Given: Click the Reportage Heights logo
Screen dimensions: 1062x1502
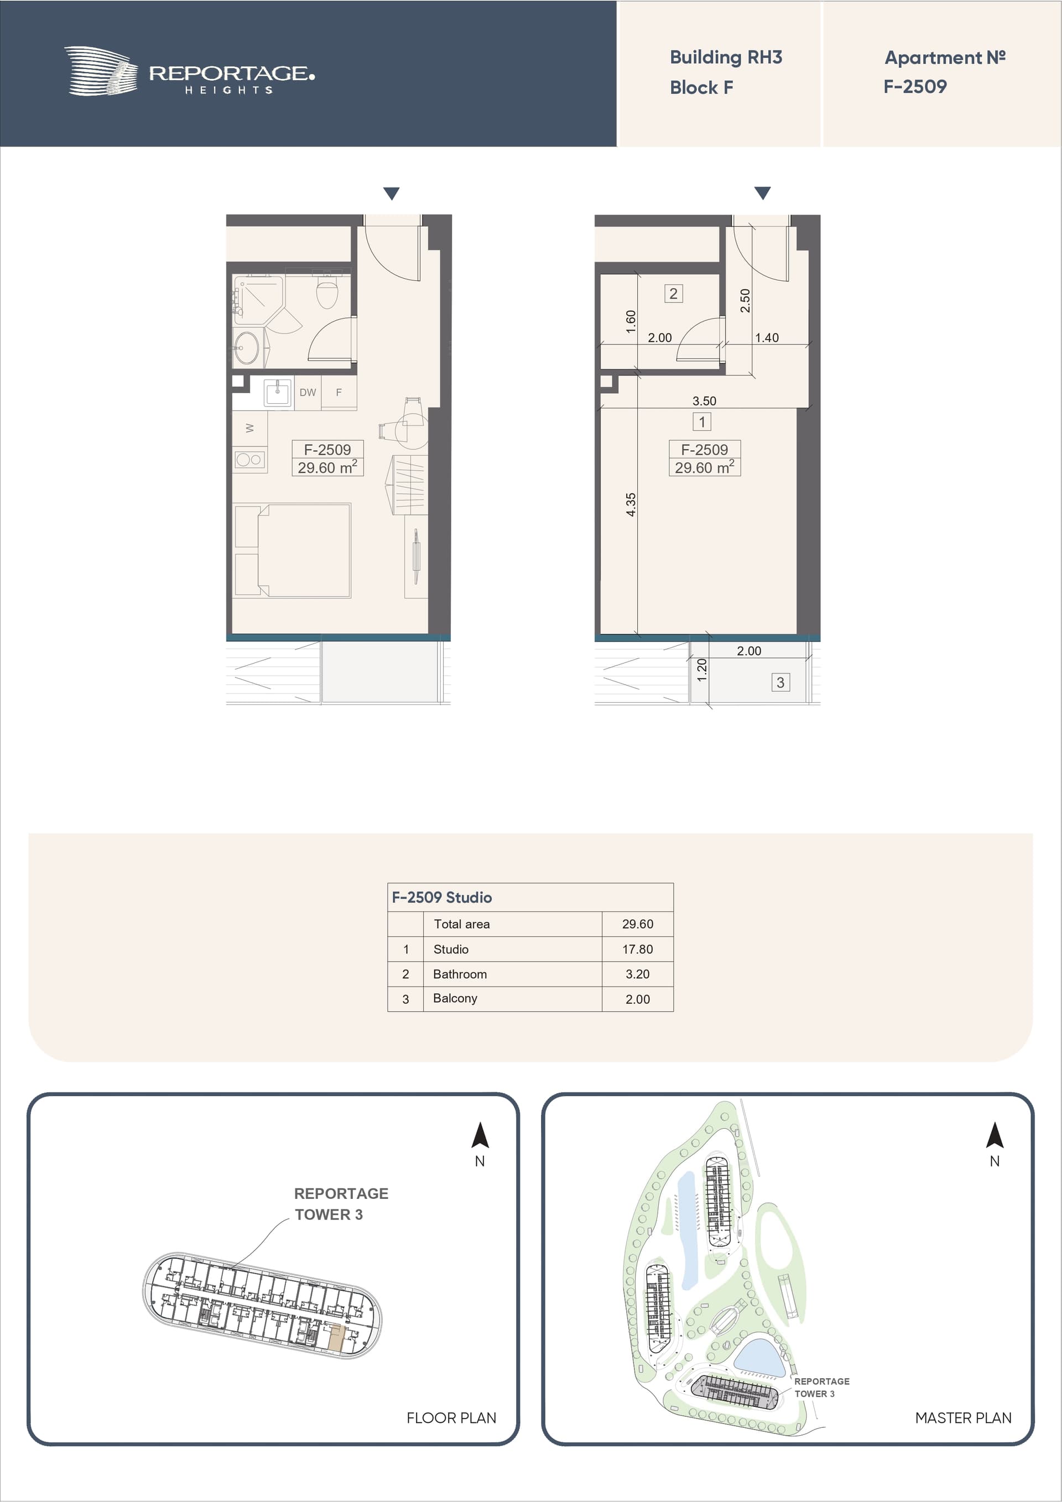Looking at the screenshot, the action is tap(189, 71).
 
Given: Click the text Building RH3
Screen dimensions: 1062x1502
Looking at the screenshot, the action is tap(726, 58).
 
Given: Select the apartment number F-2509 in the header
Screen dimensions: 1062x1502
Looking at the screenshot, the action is tap(915, 86).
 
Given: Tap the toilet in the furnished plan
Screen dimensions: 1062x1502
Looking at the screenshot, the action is tap(326, 293).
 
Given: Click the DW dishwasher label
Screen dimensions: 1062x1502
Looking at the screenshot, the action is tap(308, 393).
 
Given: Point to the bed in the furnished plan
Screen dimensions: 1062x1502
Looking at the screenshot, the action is tap(293, 550).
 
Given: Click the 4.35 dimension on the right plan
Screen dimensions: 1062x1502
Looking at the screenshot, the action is tap(630, 504).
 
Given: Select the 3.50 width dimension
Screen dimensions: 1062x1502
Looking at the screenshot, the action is tap(704, 401).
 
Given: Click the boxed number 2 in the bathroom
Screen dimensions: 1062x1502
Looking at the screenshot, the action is tap(673, 293).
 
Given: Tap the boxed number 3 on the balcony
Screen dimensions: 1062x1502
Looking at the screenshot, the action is tap(780, 682).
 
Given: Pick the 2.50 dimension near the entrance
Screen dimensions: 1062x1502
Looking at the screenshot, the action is tap(745, 300).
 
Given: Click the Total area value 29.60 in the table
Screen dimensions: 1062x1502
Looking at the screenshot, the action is tap(637, 924).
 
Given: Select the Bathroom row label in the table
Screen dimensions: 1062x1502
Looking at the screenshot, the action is tap(460, 974).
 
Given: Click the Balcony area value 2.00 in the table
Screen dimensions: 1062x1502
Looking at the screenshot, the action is tap(637, 999).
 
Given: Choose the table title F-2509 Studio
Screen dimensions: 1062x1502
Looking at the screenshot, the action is tap(442, 898).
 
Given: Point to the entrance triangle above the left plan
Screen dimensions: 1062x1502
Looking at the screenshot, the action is tap(391, 194).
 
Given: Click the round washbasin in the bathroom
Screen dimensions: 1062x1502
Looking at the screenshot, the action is tap(247, 347).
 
